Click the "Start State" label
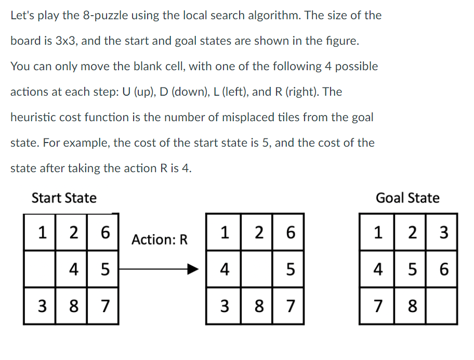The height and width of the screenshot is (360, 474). pos(64,198)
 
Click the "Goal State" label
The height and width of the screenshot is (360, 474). pos(407,198)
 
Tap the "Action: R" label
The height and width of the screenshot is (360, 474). pos(159,240)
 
